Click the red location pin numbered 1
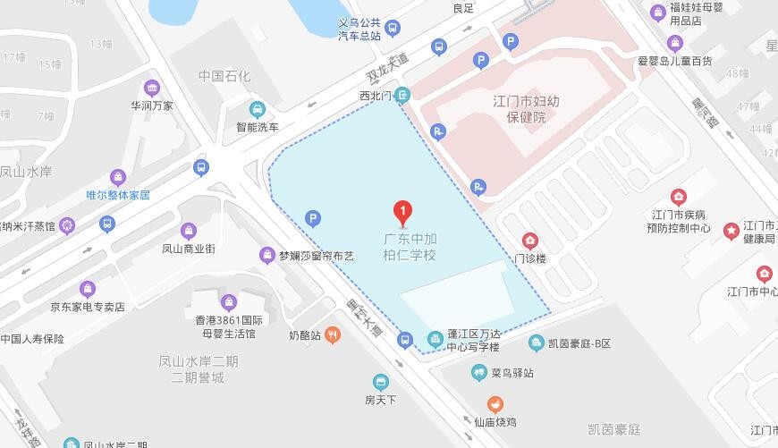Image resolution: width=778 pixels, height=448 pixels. [x=402, y=213]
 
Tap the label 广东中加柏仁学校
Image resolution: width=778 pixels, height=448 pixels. [x=410, y=247]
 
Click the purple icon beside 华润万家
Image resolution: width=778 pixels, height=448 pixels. [x=151, y=88]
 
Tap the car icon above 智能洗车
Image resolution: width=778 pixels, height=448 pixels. [x=258, y=109]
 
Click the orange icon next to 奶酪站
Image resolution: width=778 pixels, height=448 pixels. [x=333, y=335]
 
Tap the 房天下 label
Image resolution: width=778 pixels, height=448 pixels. [x=381, y=399]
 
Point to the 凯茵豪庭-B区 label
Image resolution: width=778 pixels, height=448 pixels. [x=579, y=343]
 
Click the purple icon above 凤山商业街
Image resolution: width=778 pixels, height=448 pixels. [x=188, y=232]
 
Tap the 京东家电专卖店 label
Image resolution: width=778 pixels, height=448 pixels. [x=87, y=307]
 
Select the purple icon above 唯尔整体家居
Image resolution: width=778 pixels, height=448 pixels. [x=117, y=177]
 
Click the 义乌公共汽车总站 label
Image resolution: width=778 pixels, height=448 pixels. [x=359, y=30]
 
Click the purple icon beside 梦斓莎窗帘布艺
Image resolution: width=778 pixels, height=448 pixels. [x=266, y=256]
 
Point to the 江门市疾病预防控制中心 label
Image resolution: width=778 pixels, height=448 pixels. [x=681, y=221]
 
